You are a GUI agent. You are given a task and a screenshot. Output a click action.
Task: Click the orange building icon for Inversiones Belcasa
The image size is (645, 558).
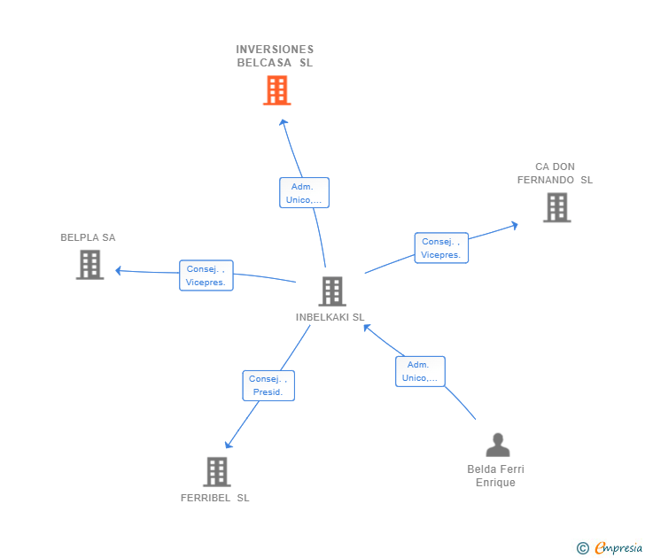coord(276,89)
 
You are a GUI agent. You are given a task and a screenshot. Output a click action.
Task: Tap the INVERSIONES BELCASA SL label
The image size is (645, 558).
coord(275,56)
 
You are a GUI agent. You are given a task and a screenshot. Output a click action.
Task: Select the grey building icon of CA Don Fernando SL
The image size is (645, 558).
coord(556,207)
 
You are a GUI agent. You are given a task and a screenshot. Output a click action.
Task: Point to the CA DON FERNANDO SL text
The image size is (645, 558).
coord(556,174)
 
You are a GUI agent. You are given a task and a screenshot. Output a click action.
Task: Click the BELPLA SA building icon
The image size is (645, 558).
coord(89,264)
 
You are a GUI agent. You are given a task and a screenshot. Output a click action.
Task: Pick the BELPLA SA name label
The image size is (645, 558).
coord(88,237)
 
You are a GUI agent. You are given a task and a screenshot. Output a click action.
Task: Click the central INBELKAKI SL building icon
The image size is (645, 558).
coord(331,291)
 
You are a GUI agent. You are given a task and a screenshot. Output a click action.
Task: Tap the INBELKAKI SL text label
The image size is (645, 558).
coord(330,317)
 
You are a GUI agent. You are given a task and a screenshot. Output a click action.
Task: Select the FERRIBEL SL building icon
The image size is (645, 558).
coord(217,471)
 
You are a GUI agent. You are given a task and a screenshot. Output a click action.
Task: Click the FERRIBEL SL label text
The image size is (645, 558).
coord(215,498)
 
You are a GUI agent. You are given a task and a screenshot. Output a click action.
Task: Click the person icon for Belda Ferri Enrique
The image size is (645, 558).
coord(498,445)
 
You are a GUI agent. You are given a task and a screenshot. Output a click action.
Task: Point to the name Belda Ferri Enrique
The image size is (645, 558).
coord(495,476)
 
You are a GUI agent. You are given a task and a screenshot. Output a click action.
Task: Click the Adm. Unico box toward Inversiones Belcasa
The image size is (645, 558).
coord(304,193)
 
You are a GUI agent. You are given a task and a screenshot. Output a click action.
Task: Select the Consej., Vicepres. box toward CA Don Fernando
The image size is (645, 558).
coord(441,248)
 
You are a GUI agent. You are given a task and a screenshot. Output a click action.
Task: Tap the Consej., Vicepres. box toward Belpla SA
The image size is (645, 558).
coord(206,275)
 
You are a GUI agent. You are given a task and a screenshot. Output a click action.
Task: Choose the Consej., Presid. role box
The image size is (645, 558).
coord(268,385)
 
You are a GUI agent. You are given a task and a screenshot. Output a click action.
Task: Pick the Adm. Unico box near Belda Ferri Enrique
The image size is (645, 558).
coord(419,371)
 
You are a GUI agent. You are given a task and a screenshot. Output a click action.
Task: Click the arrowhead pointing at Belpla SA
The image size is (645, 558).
coord(119,270)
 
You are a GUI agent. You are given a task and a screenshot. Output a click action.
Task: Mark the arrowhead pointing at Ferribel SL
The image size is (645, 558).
coord(228,446)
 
